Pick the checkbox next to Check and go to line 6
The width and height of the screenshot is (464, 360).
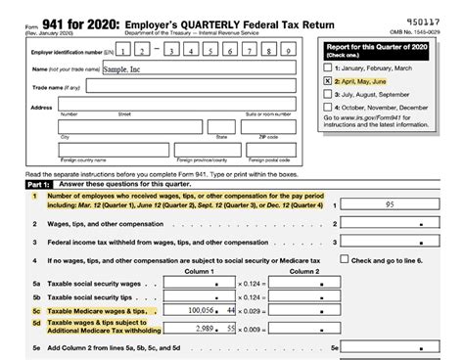(x=344, y=261)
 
